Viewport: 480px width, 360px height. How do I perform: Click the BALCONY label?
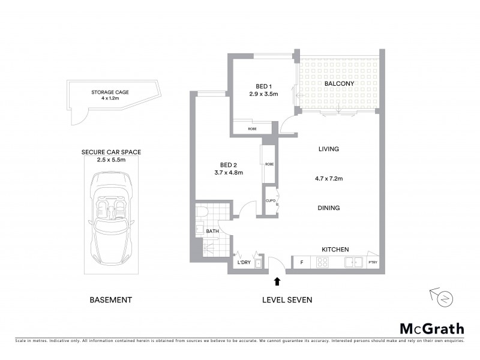tap(339, 85)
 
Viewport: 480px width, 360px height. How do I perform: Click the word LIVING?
tap(329, 149)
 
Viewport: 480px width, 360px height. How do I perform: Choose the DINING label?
tap(329, 208)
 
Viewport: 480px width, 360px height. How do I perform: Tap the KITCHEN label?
tap(335, 250)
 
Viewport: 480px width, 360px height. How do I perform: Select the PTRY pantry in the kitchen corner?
tap(371, 263)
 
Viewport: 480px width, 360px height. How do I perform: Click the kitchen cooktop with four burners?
tap(322, 262)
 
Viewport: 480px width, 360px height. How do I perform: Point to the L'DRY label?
tap(244, 263)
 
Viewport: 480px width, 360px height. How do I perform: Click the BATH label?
tap(213, 230)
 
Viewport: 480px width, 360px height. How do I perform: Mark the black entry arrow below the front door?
tap(277, 281)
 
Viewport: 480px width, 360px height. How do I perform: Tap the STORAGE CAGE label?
tap(110, 92)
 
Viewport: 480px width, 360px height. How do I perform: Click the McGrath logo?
tap(432, 328)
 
